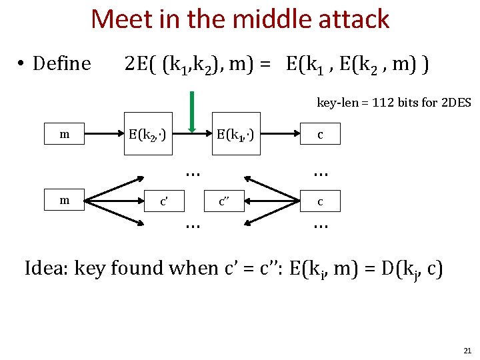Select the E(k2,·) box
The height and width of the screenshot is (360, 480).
click(x=147, y=135)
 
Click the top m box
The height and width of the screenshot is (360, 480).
click(x=64, y=135)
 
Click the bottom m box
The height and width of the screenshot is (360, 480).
click(x=64, y=200)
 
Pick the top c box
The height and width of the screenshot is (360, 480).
click(x=320, y=135)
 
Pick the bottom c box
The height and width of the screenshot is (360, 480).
click(x=320, y=200)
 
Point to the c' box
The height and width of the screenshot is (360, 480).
click(x=163, y=200)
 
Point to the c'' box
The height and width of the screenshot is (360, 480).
click(x=227, y=200)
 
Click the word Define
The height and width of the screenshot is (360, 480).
click(x=61, y=64)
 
